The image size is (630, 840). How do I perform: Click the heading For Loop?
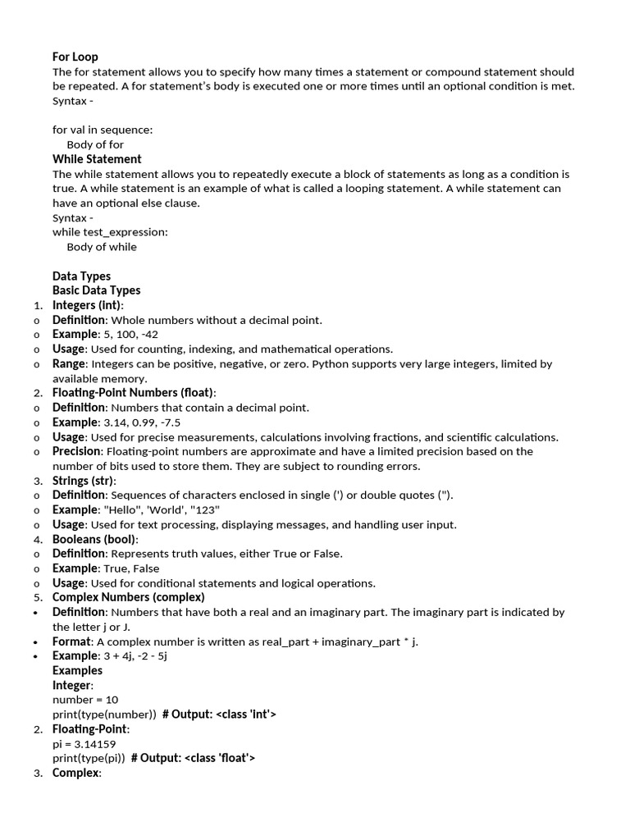click(75, 57)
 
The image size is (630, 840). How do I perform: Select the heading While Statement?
click(97, 159)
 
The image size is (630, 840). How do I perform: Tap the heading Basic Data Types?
click(96, 290)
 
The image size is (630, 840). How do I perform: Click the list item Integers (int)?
click(88, 305)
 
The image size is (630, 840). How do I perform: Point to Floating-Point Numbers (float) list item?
click(134, 393)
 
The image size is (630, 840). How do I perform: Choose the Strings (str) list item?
click(84, 481)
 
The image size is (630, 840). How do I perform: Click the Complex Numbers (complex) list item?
click(128, 597)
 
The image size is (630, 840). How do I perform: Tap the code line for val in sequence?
click(103, 130)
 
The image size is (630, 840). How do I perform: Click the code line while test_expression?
click(110, 232)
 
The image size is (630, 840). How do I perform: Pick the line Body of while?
click(102, 247)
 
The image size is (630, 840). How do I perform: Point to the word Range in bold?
click(68, 363)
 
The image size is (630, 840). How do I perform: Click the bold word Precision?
click(76, 451)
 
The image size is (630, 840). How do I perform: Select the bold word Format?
click(71, 641)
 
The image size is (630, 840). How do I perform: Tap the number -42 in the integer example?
click(148, 335)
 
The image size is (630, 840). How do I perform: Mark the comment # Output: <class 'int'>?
click(219, 714)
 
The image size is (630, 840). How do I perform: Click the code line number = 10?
click(85, 700)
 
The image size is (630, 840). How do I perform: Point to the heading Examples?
click(77, 670)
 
